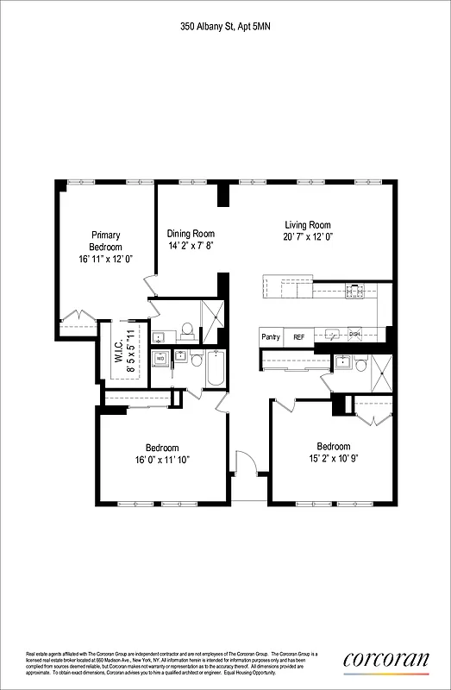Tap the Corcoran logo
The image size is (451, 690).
click(385, 660)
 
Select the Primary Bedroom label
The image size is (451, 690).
click(106, 241)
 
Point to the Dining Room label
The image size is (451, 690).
click(191, 234)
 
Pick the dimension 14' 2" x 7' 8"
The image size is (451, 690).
click(191, 245)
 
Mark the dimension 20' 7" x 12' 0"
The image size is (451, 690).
click(308, 236)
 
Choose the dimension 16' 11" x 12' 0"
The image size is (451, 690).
click(106, 258)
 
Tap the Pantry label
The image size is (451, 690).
click(271, 337)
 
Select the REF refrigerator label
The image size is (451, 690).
click(298, 337)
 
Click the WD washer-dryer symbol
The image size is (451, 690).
click(160, 359)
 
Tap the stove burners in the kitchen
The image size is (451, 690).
click(354, 292)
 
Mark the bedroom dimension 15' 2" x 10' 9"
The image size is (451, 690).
click(333, 452)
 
